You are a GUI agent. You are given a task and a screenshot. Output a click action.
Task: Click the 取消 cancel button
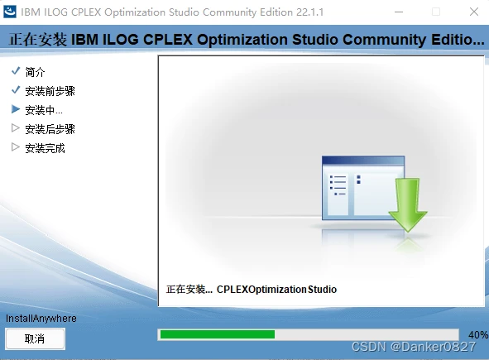35,338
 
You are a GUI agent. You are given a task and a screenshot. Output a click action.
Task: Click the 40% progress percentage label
477,334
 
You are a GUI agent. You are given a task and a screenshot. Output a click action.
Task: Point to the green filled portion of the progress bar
217,334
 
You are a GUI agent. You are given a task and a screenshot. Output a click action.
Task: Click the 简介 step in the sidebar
36,72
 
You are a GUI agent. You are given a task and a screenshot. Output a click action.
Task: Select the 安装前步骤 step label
50,91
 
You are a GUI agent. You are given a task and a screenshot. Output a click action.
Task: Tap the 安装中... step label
44,110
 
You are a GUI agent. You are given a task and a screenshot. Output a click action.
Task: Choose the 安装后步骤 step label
50,129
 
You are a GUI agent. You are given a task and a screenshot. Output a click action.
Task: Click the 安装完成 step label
45,148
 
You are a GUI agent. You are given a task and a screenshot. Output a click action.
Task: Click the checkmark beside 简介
16,71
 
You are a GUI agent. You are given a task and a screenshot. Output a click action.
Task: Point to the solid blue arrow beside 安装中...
16,109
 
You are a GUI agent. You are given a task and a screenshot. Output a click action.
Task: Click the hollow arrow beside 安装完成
16,147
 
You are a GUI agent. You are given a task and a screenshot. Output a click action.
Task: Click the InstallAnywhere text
41,319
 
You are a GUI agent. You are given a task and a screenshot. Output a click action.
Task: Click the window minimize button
397,12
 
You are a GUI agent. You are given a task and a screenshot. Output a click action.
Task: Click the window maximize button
435,12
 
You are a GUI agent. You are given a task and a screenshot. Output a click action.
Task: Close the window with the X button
472,12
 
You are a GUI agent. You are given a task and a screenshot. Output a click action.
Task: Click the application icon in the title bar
12,12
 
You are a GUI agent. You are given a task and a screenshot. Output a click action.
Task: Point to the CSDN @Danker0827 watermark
419,347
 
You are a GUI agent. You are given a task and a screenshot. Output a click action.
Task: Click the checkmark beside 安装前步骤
16,90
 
